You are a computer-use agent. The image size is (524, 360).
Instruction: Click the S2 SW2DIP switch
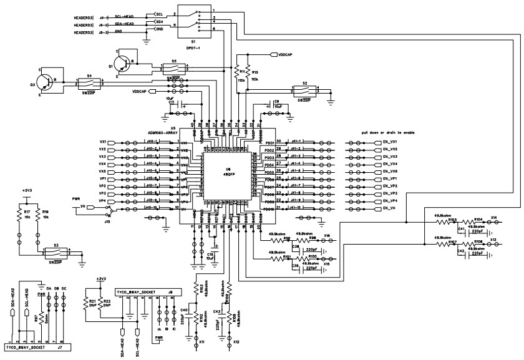[x=304, y=92]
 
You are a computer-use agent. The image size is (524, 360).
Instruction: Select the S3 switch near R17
[x=56, y=253]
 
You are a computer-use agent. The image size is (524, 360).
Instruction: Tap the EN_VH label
[x=387, y=209]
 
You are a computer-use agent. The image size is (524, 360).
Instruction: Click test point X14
[x=493, y=218]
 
